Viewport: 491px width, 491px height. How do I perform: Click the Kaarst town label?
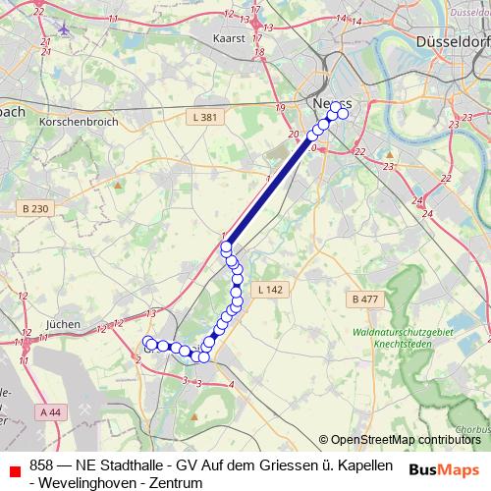228,39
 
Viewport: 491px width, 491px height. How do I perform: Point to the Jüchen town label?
62,323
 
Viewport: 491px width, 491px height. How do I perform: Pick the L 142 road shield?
270,290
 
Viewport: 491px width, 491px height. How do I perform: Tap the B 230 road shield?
34,209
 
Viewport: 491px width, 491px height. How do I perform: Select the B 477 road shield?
363,299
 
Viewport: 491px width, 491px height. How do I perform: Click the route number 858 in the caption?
41,464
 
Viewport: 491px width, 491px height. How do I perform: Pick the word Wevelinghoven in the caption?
90,483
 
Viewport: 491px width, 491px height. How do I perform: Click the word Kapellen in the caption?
363,464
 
